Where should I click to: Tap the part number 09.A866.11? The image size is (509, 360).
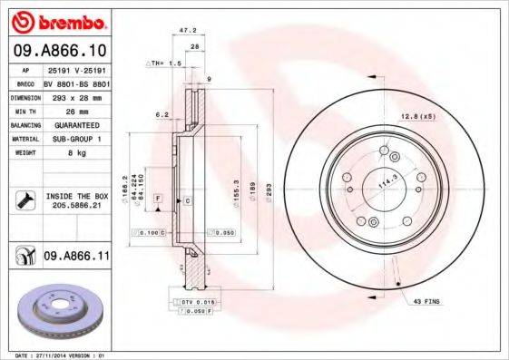[76, 258]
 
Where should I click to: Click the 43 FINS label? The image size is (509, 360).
[427, 300]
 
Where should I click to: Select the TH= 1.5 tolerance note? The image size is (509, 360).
[166, 64]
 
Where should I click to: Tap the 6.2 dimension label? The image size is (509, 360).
[162, 114]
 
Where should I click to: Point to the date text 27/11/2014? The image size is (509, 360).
[55, 355]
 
